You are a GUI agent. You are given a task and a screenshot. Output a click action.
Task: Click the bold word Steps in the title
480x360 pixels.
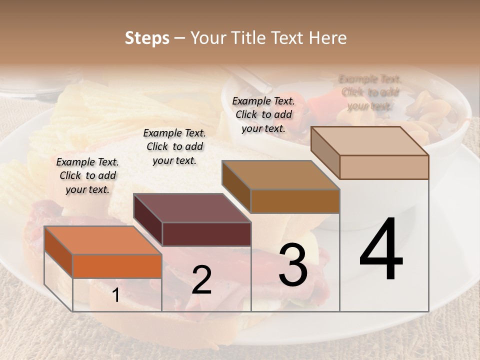click(x=147, y=38)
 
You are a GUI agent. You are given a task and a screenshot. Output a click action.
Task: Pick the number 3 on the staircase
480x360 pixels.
click(x=293, y=264)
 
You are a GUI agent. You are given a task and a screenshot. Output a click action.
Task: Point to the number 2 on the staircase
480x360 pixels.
click(x=201, y=280)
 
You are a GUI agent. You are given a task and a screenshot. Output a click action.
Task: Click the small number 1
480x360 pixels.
click(x=116, y=295)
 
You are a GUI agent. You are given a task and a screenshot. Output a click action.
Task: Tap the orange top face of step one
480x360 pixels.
click(x=102, y=240)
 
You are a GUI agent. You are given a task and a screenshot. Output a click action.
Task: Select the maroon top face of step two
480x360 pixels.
click(x=192, y=208)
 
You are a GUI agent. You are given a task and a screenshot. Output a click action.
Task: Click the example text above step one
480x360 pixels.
click(x=87, y=175)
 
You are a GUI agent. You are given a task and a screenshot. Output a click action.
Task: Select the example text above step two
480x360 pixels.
click(x=174, y=146)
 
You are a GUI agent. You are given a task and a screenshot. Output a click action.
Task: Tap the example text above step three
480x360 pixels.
click(x=263, y=114)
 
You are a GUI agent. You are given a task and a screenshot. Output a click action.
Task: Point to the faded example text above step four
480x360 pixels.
click(x=370, y=92)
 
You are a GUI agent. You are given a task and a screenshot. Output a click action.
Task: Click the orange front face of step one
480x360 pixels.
click(x=117, y=266)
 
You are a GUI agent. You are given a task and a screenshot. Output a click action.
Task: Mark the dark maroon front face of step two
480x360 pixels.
click(x=206, y=234)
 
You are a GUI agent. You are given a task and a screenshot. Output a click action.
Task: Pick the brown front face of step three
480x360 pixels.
click(x=295, y=201)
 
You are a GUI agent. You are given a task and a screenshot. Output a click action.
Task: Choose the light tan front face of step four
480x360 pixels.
click(x=384, y=167)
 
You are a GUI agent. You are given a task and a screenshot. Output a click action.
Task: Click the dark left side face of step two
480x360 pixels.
click(x=148, y=220)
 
